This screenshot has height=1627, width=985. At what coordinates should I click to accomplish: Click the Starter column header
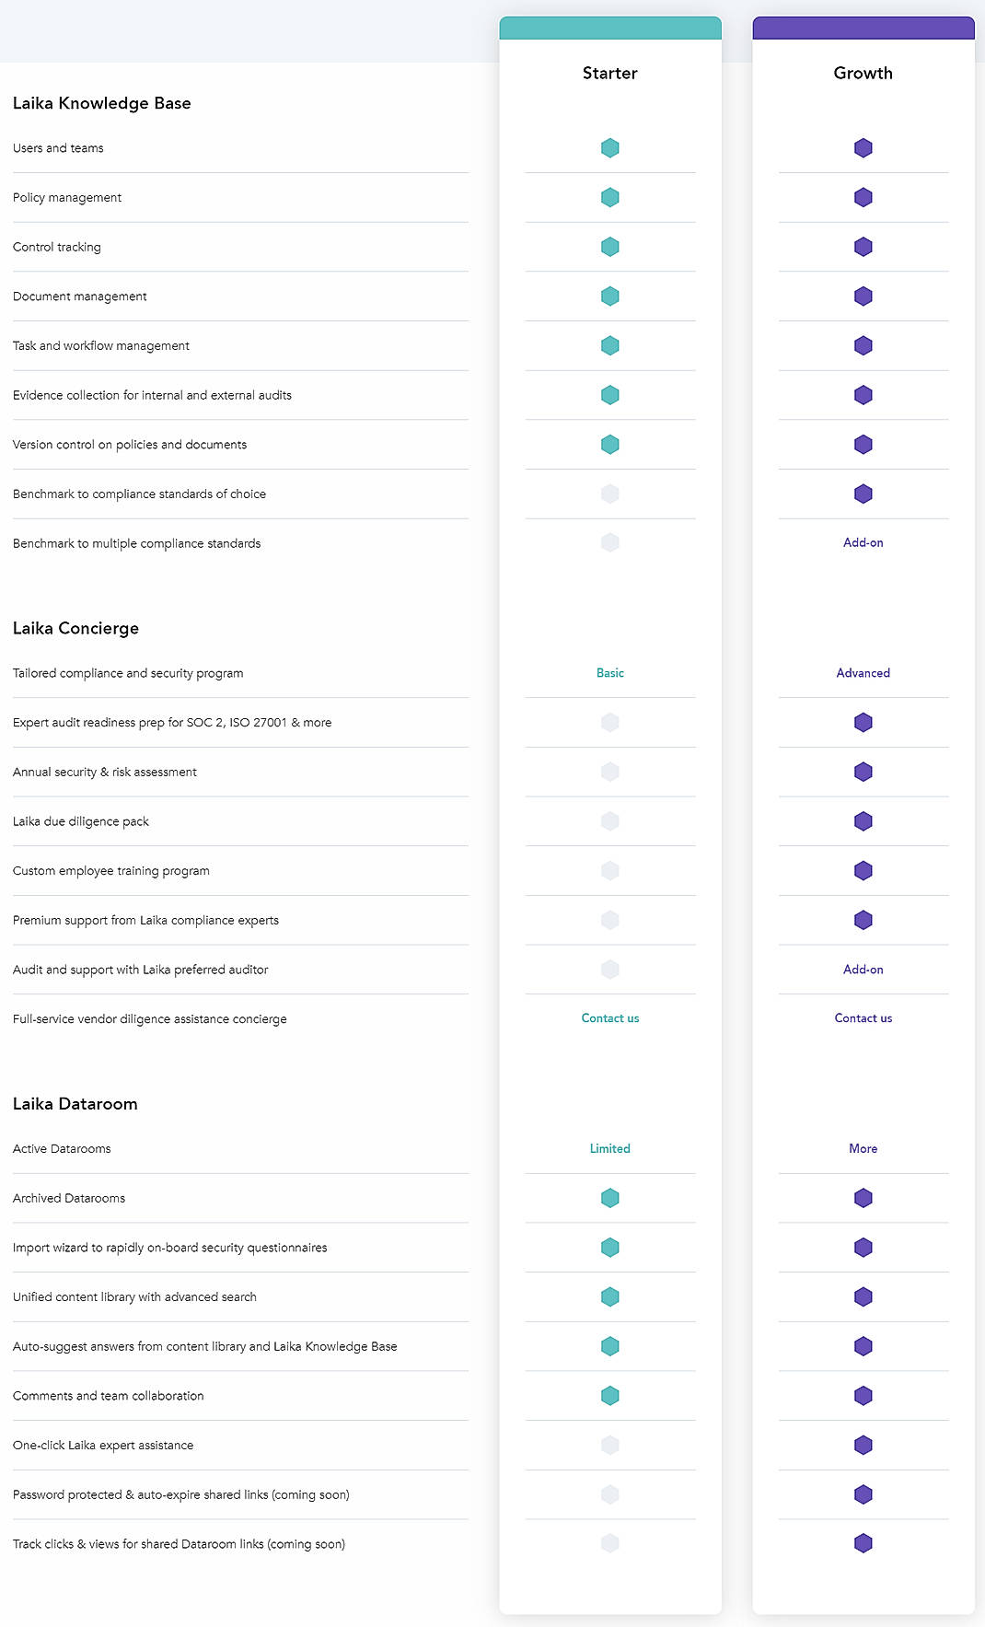[x=609, y=73]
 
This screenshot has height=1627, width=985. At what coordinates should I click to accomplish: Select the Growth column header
[x=863, y=73]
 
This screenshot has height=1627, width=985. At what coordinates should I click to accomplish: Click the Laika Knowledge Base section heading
[x=102, y=103]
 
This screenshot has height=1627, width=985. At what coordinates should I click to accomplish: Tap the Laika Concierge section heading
[x=75, y=628]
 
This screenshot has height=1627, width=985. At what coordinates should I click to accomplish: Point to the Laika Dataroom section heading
[x=75, y=1104]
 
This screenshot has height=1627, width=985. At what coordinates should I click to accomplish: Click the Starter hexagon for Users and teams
[x=609, y=148]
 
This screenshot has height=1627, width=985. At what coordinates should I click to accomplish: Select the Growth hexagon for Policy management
[x=863, y=197]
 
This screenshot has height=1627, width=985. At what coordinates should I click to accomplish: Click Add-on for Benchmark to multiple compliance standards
[x=863, y=543]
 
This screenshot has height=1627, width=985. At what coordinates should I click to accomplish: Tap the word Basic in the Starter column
[x=609, y=673]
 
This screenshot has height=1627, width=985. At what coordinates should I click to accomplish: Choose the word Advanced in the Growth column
[x=863, y=673]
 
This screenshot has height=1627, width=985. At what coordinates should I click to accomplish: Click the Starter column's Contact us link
[x=609, y=1018]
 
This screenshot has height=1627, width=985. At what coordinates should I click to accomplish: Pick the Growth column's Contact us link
[x=863, y=1018]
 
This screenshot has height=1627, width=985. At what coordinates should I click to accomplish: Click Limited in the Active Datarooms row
[x=609, y=1148]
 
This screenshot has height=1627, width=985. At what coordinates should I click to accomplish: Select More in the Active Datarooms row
[x=863, y=1148]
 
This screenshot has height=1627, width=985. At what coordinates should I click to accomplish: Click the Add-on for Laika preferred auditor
[x=863, y=970]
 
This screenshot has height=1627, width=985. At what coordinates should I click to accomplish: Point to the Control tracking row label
[x=57, y=247]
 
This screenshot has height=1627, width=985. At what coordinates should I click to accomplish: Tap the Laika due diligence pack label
[x=81, y=821]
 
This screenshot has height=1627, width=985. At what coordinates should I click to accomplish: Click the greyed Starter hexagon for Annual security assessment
[x=609, y=772]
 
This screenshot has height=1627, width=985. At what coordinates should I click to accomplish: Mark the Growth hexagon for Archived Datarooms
[x=863, y=1198]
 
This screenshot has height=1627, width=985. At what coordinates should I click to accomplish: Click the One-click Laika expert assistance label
[x=103, y=1446]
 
